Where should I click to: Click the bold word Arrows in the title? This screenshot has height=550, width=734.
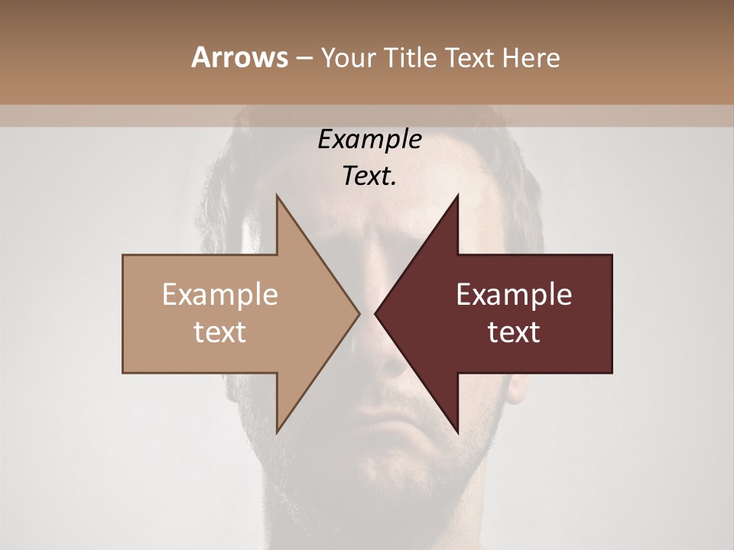point(239,57)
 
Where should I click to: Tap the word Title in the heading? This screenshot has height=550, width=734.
point(409,57)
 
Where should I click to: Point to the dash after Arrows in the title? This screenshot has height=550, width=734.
point(304,58)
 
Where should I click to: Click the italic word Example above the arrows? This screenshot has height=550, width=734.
point(370,139)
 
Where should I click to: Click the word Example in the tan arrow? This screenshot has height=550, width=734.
point(220,295)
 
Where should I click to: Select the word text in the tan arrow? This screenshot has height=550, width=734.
point(220,332)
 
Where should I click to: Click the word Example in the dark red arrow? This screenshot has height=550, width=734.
point(514,295)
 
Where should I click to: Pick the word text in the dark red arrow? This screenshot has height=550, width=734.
point(514,332)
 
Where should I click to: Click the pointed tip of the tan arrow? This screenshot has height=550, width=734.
point(359,313)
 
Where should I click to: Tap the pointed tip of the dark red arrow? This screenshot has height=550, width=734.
point(375,313)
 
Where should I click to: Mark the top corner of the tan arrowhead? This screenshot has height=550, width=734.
point(277,196)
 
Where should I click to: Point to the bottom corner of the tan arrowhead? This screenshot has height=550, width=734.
point(277,432)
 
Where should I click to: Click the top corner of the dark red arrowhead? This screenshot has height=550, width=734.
point(457,196)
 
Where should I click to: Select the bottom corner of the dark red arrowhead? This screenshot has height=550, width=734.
point(457,432)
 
